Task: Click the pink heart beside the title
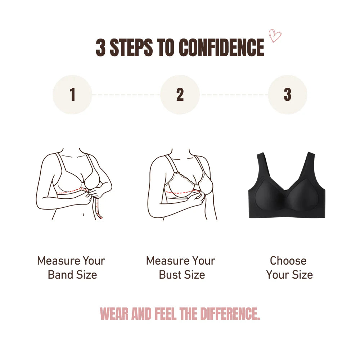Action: (x=275, y=36)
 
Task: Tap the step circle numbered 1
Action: (x=72, y=95)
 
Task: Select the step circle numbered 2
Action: (x=180, y=95)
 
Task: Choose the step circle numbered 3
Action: (x=287, y=95)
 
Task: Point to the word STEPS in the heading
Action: (x=131, y=48)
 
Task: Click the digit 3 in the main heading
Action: (x=100, y=48)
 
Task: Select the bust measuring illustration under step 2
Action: (x=180, y=184)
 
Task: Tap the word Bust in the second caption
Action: (x=170, y=275)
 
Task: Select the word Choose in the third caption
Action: (x=288, y=261)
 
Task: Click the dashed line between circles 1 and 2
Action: (x=126, y=95)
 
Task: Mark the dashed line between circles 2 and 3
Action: (x=234, y=95)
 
